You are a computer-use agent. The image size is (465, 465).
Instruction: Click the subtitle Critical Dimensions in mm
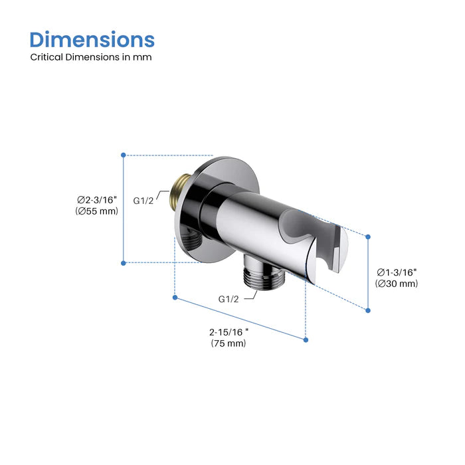(x=91, y=57)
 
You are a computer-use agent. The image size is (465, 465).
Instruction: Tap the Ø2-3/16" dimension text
(x=96, y=199)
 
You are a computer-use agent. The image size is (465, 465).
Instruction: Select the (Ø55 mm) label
(x=96, y=211)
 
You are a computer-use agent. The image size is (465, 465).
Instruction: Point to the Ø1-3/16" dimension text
(x=397, y=272)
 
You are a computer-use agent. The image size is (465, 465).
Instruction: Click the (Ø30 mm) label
(x=397, y=284)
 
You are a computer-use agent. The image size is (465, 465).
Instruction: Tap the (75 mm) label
(x=229, y=343)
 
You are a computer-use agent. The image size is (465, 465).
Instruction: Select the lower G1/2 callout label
(x=229, y=298)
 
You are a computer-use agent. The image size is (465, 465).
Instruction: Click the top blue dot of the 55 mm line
(x=123, y=155)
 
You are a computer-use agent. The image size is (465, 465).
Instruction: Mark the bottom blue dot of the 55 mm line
(x=123, y=263)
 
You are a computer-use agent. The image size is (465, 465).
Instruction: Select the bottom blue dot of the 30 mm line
(x=368, y=309)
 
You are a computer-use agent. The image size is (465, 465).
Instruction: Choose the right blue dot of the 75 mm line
(x=306, y=339)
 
